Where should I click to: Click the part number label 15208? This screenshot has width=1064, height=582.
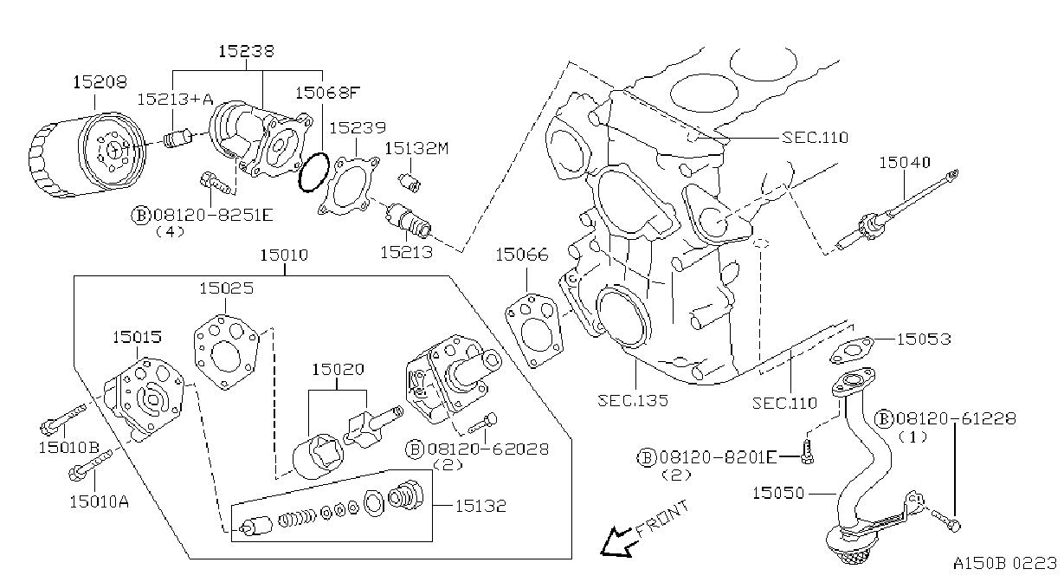pyautogui.click(x=100, y=82)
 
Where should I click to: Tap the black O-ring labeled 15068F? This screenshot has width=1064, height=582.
pyautogui.click(x=313, y=172)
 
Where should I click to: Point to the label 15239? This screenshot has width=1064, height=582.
pyautogui.click(x=358, y=127)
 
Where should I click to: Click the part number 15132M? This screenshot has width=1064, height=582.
pyautogui.click(x=416, y=148)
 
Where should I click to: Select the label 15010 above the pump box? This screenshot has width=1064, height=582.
pyautogui.click(x=284, y=255)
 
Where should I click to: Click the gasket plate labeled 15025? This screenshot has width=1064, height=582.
pyautogui.click(x=227, y=352)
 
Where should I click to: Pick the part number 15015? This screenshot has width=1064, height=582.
pyautogui.click(x=137, y=337)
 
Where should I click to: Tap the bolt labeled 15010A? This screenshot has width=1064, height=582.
pyautogui.click(x=92, y=462)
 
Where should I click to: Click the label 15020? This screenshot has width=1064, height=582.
pyautogui.click(x=338, y=369)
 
